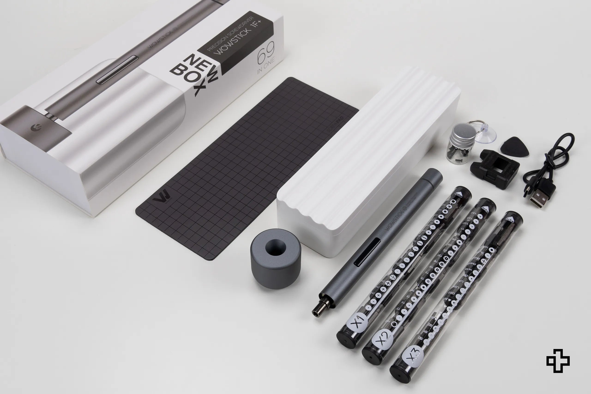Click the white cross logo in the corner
click(x=558, y=361)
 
